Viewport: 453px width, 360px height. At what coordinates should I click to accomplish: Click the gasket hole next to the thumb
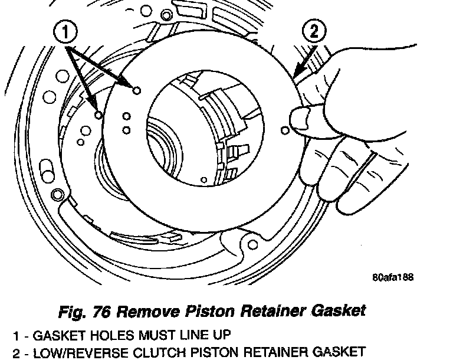[286, 129]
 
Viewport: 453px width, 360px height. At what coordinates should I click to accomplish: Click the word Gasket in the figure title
[335, 309]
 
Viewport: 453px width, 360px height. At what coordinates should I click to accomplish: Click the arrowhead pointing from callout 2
[294, 74]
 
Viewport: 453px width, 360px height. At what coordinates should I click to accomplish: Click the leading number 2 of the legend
[17, 353]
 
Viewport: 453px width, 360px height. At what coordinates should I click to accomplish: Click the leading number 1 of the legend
[17, 335]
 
